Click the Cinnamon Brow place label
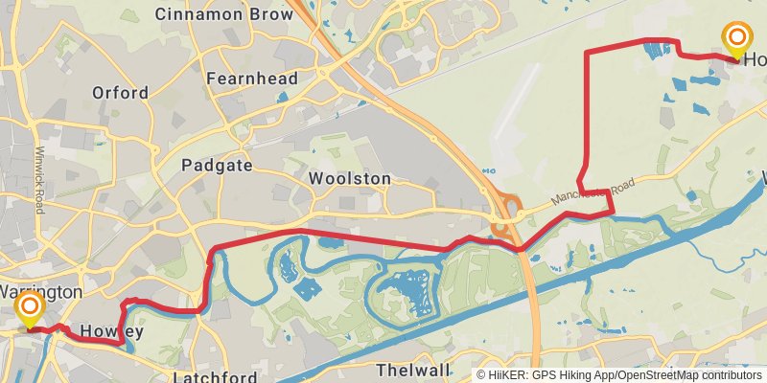tap(223, 14)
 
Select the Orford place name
tap(120, 93)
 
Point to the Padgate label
tap(217, 165)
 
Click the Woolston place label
tap(350, 179)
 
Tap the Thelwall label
tap(413, 370)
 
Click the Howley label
tap(111, 332)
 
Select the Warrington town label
tap(40, 290)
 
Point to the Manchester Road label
tap(594, 192)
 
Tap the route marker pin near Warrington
tap(30, 308)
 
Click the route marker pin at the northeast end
tap(737, 39)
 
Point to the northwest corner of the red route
tap(587, 50)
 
